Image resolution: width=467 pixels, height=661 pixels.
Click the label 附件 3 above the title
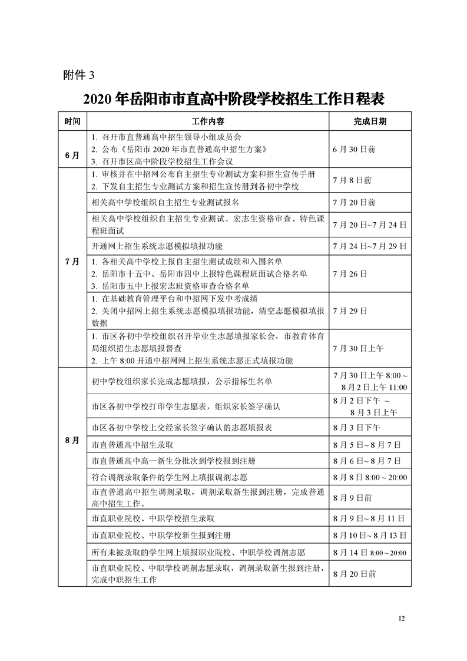(x=78, y=75)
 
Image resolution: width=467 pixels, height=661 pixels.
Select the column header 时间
(x=72, y=121)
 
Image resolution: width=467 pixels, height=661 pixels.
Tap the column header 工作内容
(x=208, y=121)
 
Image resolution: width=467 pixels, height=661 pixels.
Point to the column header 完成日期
(x=370, y=121)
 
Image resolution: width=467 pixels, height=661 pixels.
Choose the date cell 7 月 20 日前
(x=353, y=203)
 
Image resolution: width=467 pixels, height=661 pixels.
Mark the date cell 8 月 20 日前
(x=353, y=573)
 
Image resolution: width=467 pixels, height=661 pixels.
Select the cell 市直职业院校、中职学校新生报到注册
(x=157, y=535)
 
